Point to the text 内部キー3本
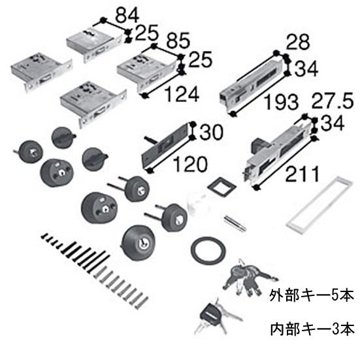pyautogui.click(x=312, y=327)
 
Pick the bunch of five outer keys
pyautogui.click(x=242, y=277)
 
